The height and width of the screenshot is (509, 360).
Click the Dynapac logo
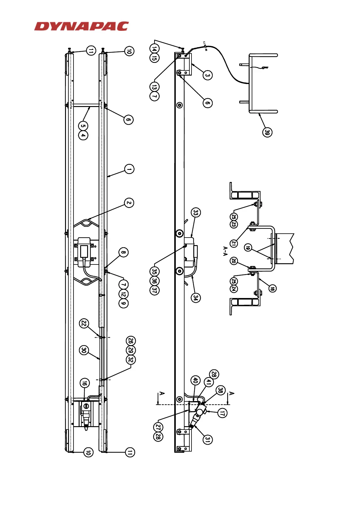pyautogui.click(x=81, y=26)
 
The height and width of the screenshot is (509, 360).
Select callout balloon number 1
pyautogui.click(x=129, y=169)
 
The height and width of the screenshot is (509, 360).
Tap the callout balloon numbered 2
pyautogui.click(x=129, y=203)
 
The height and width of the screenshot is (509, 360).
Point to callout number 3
pyautogui.click(x=207, y=75)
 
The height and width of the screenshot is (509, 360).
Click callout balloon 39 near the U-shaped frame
pyautogui.click(x=267, y=132)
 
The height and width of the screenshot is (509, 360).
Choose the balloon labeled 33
pyautogui.click(x=196, y=213)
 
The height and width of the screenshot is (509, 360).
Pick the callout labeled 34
pyautogui.click(x=196, y=297)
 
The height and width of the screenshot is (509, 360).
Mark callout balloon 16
pyautogui.click(x=85, y=383)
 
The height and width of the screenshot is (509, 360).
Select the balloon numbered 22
pyautogui.click(x=84, y=323)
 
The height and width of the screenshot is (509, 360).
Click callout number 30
pyautogui.click(x=84, y=350)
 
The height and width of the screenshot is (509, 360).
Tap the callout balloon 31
pyautogui.click(x=207, y=439)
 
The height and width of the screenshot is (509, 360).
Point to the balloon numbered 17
pyautogui.click(x=222, y=413)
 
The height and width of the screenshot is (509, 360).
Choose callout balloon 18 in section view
pyautogui.click(x=272, y=288)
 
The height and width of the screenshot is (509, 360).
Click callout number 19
pyautogui.click(x=248, y=248)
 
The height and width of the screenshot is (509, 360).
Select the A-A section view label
pyautogui.click(x=225, y=251)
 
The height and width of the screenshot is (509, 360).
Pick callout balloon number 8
pyautogui.click(x=123, y=252)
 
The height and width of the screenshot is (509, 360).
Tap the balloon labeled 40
pyautogui.click(x=195, y=380)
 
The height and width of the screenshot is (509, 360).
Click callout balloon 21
pyautogui.click(x=234, y=243)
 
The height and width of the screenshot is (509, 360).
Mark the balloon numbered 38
pyautogui.click(x=221, y=390)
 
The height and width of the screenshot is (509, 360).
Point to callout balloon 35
pyautogui.click(x=154, y=271)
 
